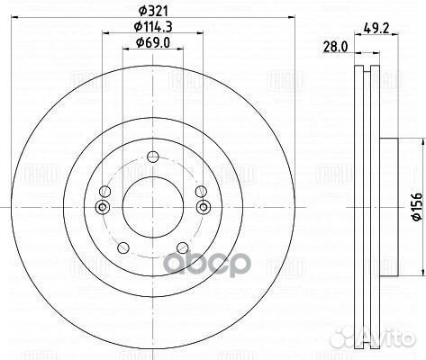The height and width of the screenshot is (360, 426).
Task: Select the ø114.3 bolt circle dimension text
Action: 151,27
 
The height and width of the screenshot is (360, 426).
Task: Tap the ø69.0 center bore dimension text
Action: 151,43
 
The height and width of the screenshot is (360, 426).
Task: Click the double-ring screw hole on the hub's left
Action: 102,209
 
